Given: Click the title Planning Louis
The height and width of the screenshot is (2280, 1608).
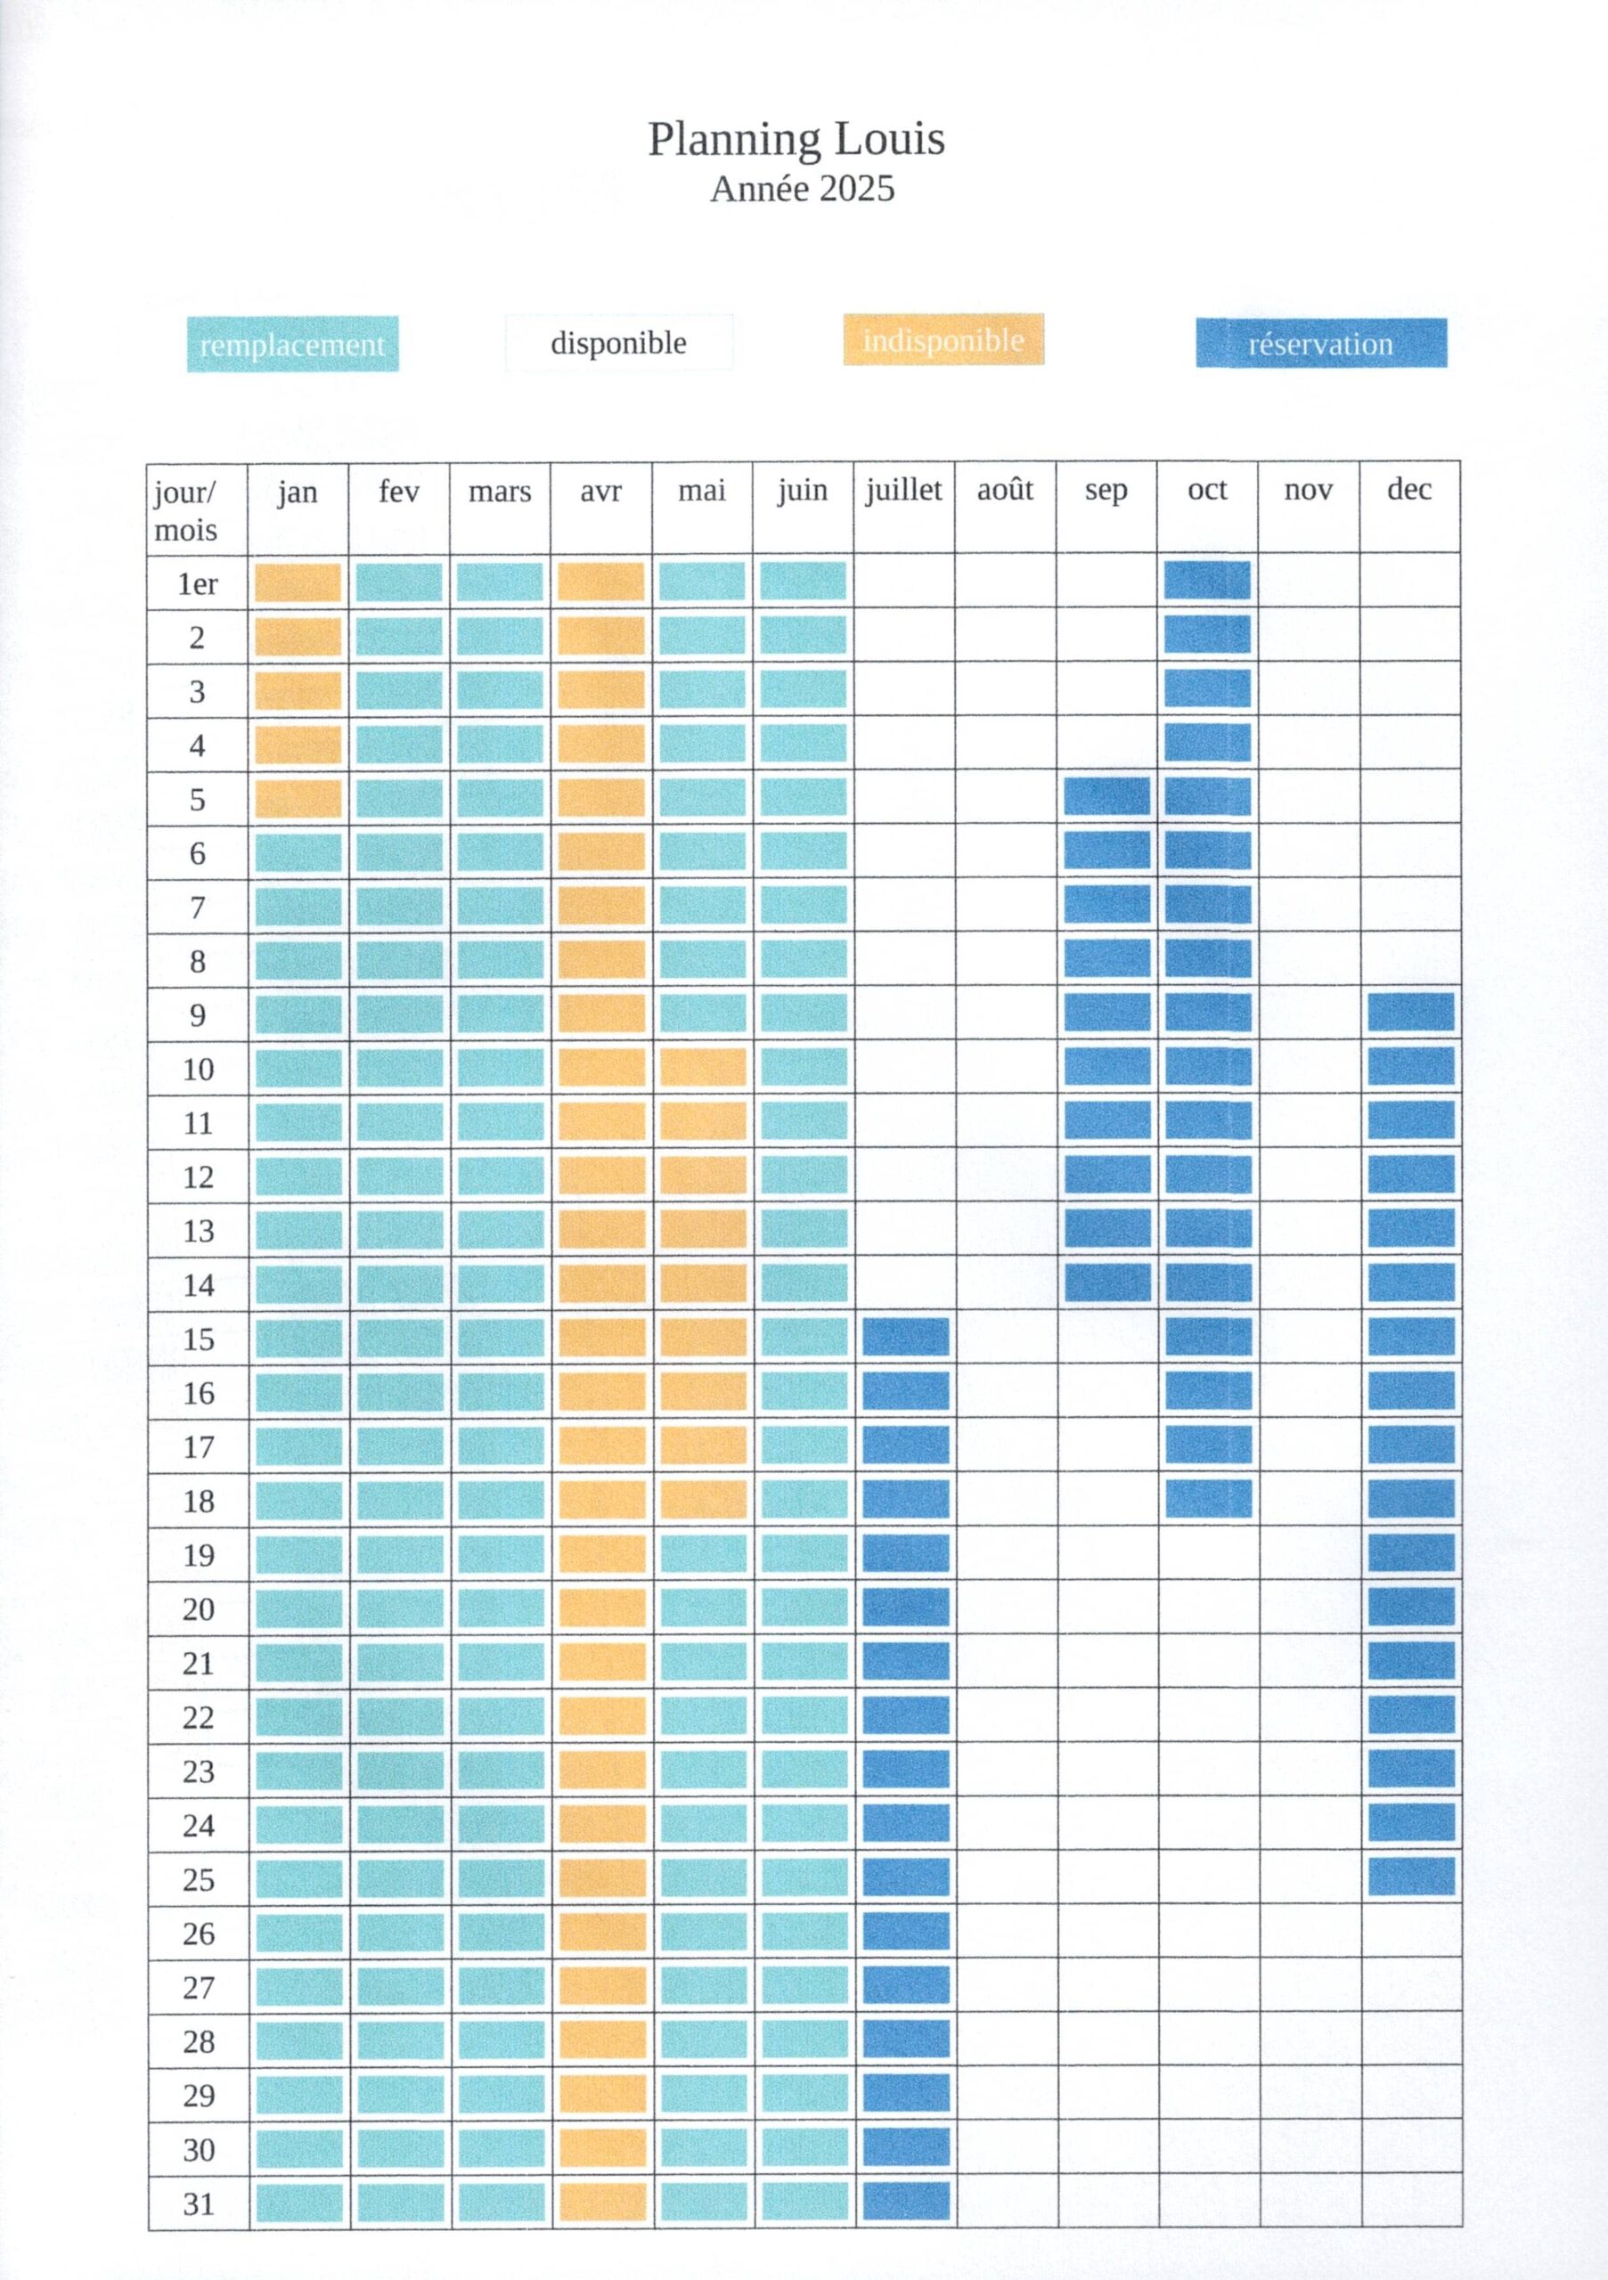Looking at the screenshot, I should tap(796, 140).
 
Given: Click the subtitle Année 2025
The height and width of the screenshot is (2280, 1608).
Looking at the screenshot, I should tap(802, 189).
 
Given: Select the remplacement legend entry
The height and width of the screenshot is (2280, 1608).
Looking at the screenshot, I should tap(292, 345).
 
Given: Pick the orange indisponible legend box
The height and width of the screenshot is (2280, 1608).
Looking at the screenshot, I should tap(943, 340).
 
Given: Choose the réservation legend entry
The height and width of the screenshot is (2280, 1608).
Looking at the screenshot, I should tap(1320, 344).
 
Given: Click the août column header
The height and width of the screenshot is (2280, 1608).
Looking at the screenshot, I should tap(1004, 491).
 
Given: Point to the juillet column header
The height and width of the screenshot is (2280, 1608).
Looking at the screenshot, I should tap(902, 491).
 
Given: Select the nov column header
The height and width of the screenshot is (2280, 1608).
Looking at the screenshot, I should tap(1307, 491).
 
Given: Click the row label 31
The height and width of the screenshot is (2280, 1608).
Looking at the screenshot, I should tap(199, 2203).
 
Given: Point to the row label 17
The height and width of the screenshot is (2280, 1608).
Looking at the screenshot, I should tap(199, 1447).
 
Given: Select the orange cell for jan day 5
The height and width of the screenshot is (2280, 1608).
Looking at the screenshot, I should tap(298, 798).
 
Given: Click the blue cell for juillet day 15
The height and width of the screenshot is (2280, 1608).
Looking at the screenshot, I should tap(905, 1338).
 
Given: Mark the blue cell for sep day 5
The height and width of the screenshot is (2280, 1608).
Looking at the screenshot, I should tap(1106, 796).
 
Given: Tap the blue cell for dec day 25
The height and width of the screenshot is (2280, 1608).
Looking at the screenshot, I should tap(1410, 1877).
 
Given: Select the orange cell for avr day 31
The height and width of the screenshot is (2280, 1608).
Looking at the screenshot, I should tap(602, 2203).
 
